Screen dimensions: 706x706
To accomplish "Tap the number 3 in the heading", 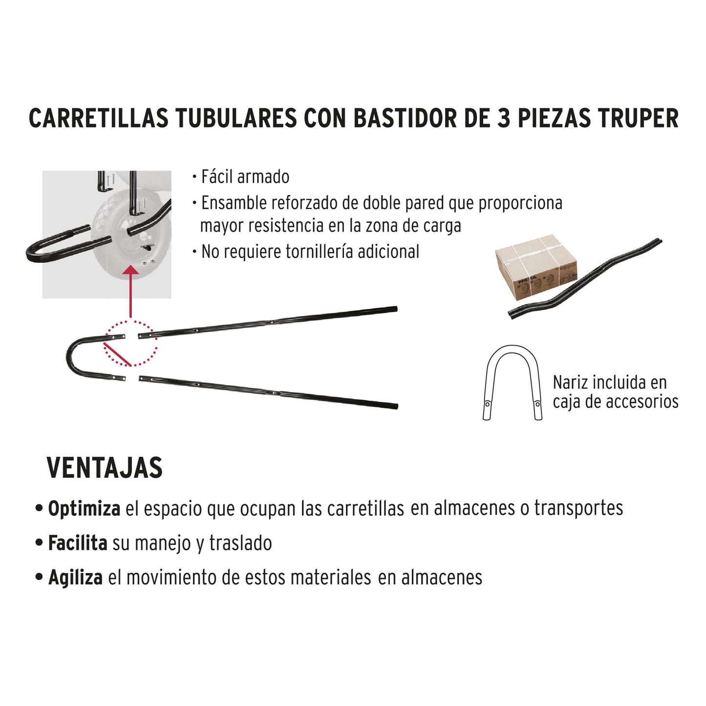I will pos(503,119).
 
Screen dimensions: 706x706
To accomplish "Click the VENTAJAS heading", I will pos(105,468).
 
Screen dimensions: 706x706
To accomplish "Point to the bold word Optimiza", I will pos(84,509).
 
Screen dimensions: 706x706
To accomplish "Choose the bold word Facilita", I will pos(78,543).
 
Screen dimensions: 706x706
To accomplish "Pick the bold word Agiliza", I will pos(75,578).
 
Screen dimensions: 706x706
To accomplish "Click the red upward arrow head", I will pos(130,272).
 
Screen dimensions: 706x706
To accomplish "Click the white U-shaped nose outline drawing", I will pos(513,381).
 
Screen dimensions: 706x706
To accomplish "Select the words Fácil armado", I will pos(245,177).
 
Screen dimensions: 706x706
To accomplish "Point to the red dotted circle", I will pos(130,343).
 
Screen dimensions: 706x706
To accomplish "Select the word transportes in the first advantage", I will pos(578,508).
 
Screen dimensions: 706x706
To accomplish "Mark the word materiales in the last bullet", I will pos(331,578).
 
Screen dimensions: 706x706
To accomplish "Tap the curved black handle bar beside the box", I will pos(586,278).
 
